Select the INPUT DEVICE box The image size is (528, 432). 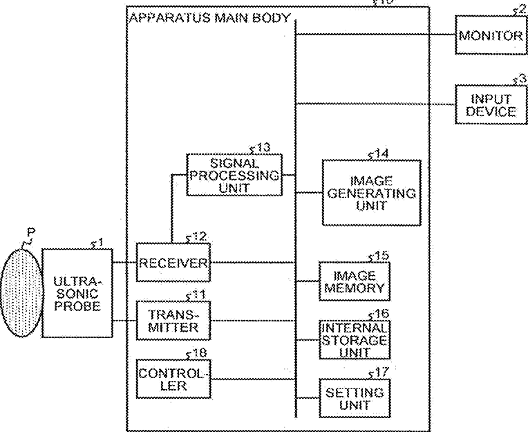point(491,105)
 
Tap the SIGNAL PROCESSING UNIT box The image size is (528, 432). point(234,174)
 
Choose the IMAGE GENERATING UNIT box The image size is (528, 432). point(371,192)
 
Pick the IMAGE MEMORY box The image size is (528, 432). point(354,281)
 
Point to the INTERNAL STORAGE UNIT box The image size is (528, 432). point(354,339)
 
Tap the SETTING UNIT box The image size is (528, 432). point(354,398)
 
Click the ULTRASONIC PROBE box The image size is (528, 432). point(77,293)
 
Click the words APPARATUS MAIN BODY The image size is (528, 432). point(209,17)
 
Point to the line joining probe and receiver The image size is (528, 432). point(124,263)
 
